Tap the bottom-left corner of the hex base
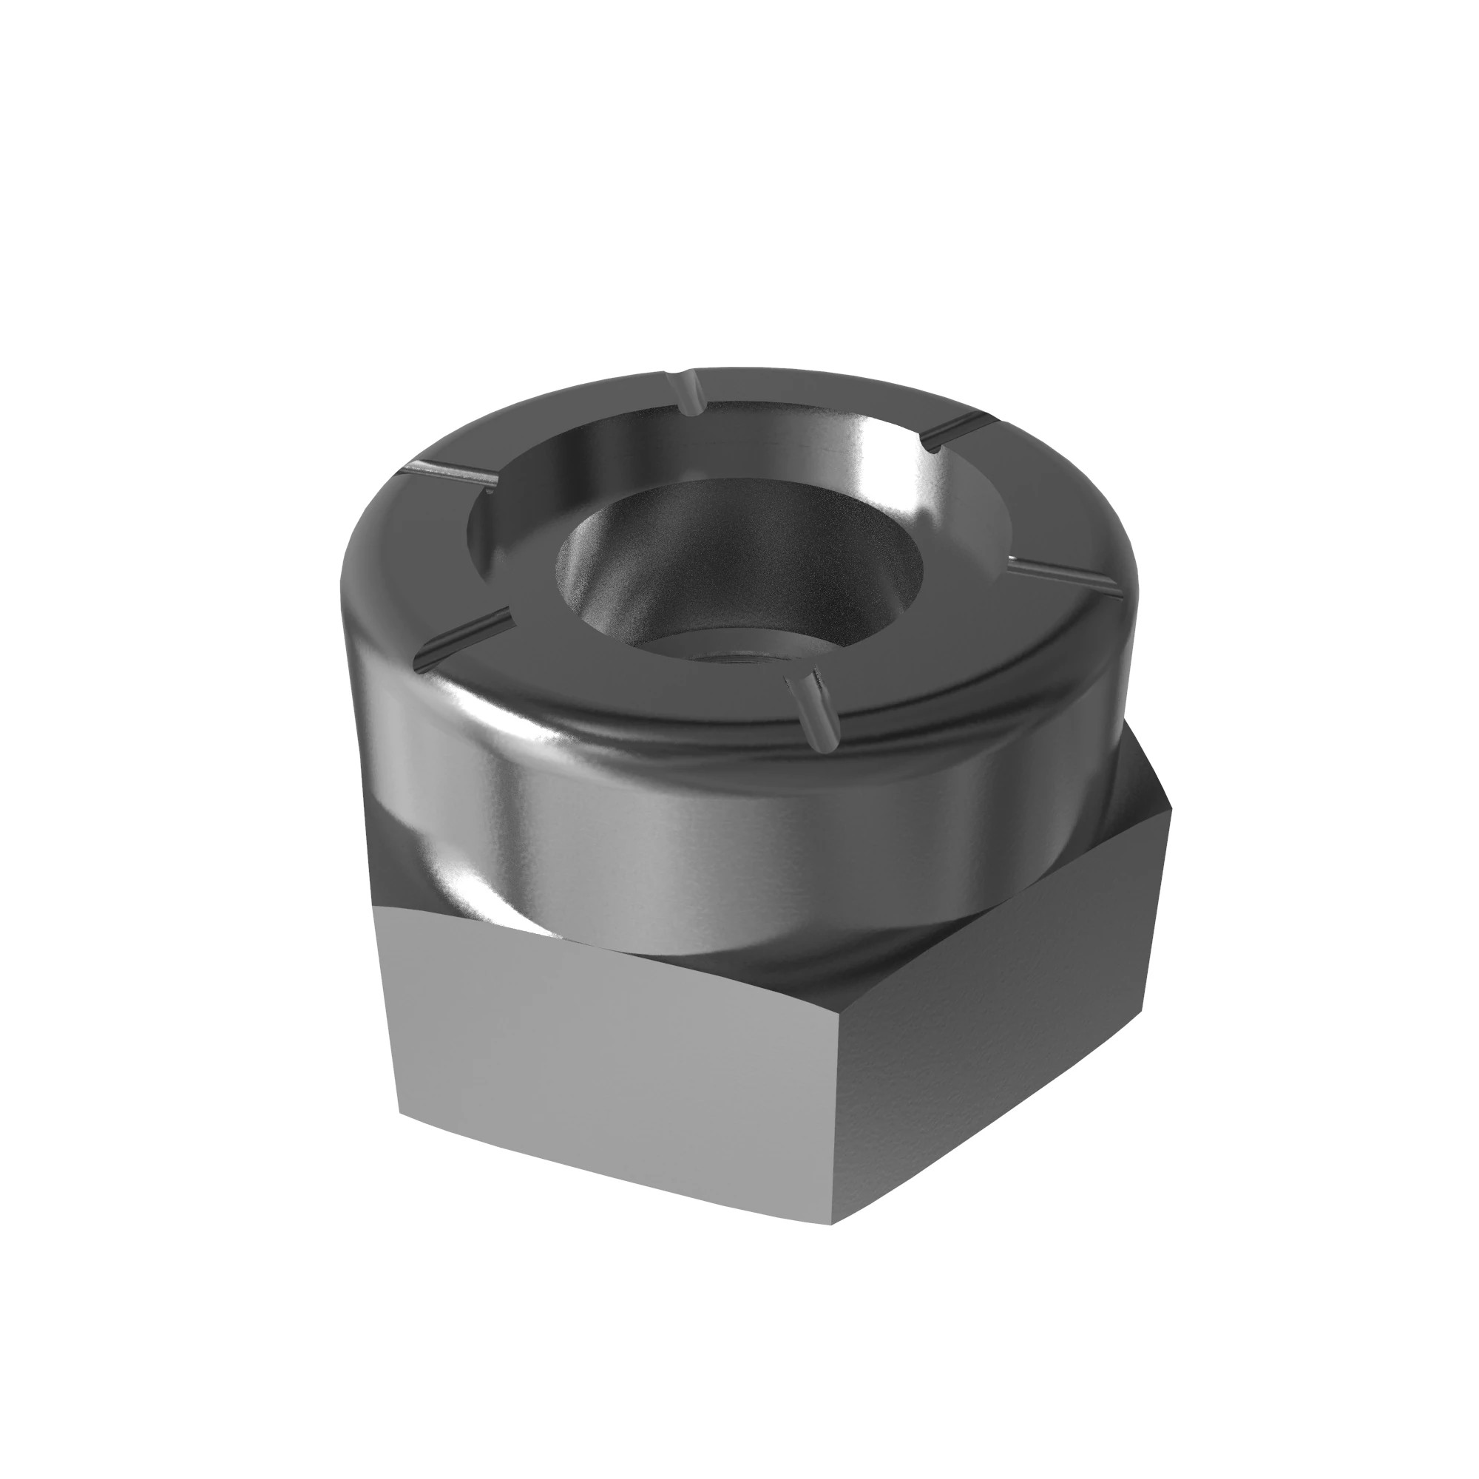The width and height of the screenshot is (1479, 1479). (400, 1112)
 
